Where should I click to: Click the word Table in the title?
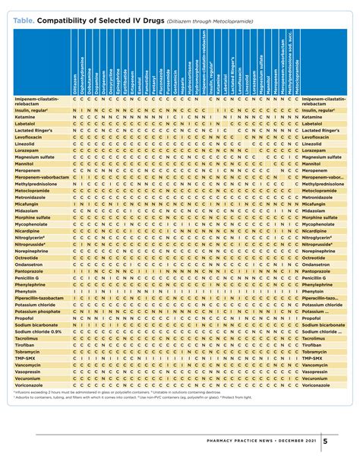pos(22,8)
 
